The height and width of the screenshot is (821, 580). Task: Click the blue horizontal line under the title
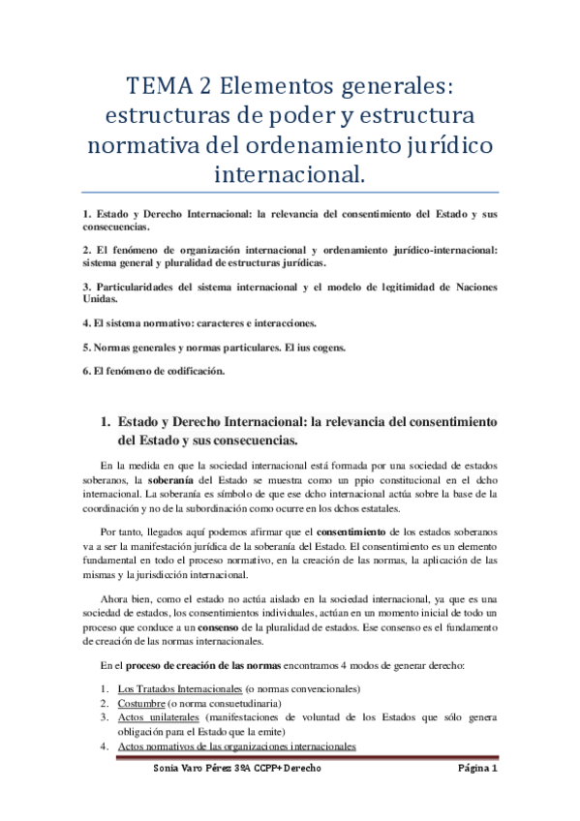pyautogui.click(x=290, y=192)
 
